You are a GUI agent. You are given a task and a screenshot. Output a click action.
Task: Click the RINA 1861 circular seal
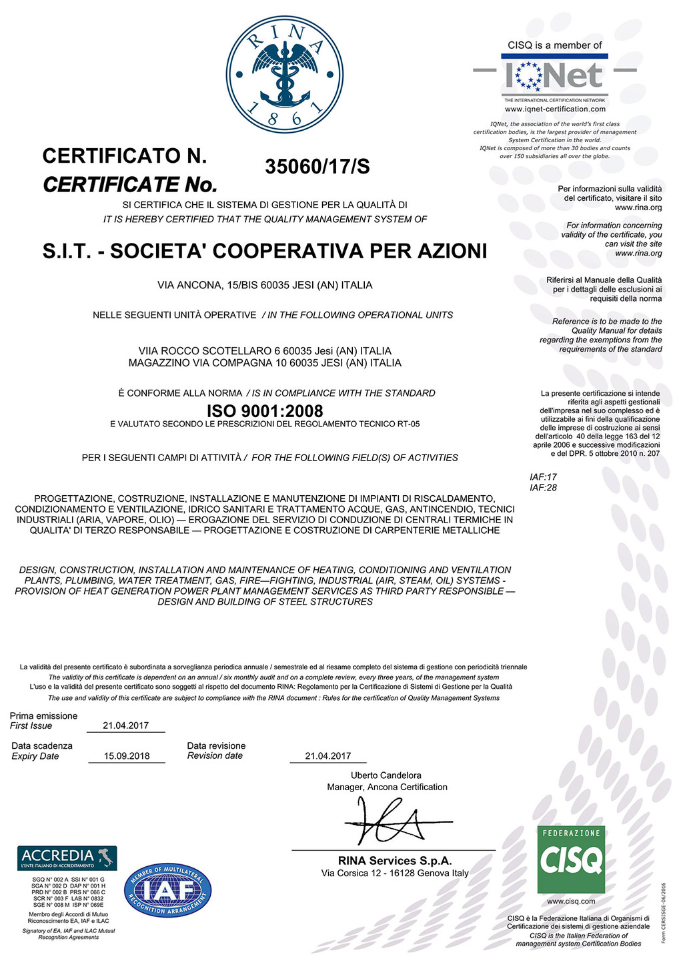pyautogui.click(x=285, y=74)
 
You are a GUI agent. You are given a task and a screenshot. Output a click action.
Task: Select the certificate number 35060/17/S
pyautogui.click(x=317, y=167)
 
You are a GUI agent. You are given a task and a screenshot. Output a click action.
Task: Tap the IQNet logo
pyautogui.click(x=555, y=75)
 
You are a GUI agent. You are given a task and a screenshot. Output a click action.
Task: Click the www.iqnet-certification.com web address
pyautogui.click(x=555, y=109)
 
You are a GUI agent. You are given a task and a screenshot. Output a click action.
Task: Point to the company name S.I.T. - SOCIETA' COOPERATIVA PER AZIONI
pyautogui.click(x=265, y=251)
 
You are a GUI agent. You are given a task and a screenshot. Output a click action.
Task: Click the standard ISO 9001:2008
pyautogui.click(x=265, y=410)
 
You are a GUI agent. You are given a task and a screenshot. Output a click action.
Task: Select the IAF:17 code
pyautogui.click(x=543, y=477)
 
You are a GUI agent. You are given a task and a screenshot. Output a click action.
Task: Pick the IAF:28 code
pyautogui.click(x=543, y=488)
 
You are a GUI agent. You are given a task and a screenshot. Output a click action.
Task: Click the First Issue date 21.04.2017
pyautogui.click(x=125, y=725)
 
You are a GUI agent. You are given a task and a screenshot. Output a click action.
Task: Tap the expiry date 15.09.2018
pyautogui.click(x=127, y=756)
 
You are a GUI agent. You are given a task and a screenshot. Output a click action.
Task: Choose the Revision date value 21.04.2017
pyautogui.click(x=327, y=756)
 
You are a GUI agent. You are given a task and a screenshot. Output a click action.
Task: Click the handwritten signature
pyautogui.click(x=394, y=821)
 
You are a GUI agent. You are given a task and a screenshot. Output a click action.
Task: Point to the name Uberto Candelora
pyautogui.click(x=386, y=775)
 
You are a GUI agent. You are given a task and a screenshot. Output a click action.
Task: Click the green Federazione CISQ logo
pyautogui.click(x=571, y=860)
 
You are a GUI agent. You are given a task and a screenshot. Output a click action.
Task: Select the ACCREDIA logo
pyautogui.click(x=67, y=858)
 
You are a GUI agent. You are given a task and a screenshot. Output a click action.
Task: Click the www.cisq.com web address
pyautogui.click(x=571, y=901)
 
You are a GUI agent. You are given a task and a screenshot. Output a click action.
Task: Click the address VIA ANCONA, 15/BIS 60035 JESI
pyautogui.click(x=265, y=285)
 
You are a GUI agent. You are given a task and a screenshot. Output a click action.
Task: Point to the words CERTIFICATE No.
pyautogui.click(x=131, y=184)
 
